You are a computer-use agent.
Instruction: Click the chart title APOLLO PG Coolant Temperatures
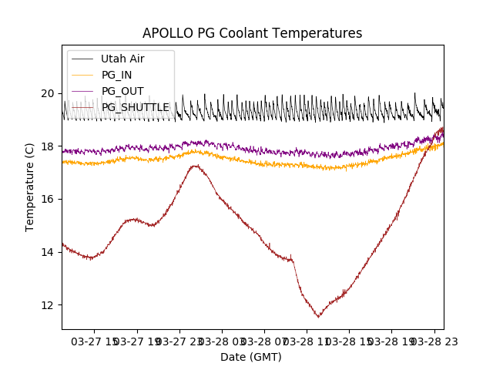252,33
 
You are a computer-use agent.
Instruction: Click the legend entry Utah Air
122,59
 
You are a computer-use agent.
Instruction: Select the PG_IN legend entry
116,75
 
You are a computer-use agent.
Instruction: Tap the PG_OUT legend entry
122,91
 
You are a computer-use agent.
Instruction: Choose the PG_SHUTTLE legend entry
135,107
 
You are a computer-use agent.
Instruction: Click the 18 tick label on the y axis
48,146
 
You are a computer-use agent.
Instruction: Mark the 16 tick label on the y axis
48,199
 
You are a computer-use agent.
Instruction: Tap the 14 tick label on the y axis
48,252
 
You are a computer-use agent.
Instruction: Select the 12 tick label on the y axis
48,304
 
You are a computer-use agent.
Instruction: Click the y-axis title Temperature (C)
30,187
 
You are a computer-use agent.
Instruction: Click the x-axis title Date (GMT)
251,357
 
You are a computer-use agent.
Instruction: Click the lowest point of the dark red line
318,316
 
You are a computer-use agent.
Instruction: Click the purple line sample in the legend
83,91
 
